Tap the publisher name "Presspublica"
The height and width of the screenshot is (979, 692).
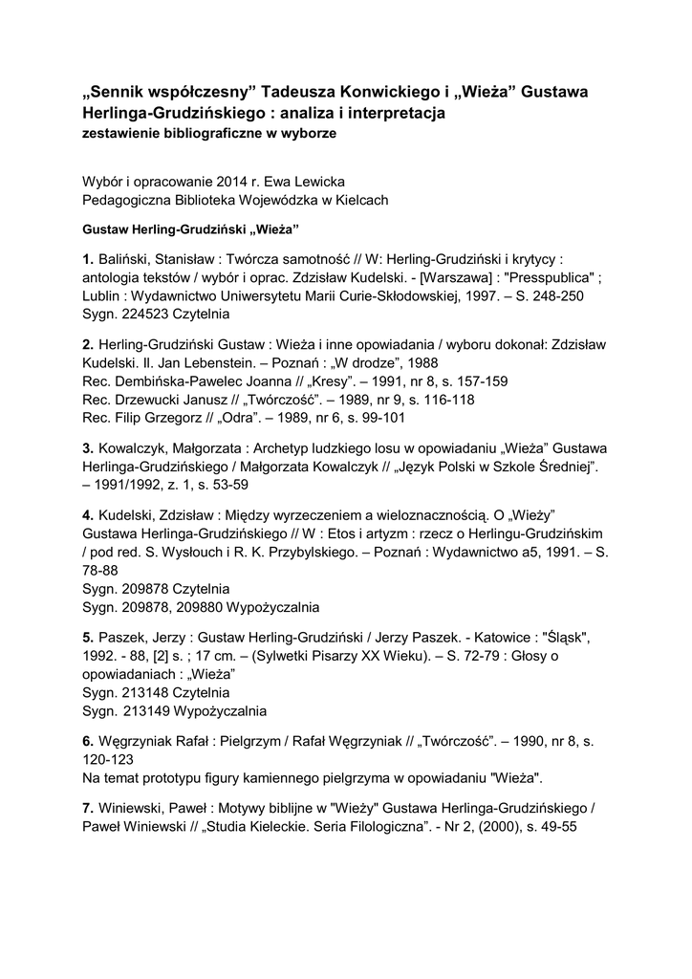coord(552,277)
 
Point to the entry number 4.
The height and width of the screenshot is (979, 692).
coord(88,512)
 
